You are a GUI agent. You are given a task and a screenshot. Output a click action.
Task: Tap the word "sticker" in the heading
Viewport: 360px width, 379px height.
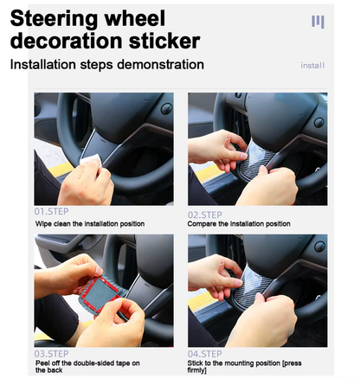point(164,41)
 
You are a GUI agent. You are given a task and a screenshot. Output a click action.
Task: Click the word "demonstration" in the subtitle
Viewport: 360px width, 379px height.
point(160,64)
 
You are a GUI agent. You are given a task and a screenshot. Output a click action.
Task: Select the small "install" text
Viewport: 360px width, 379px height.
point(312,66)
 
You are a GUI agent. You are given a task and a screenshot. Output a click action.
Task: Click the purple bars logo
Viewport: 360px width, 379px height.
point(318,22)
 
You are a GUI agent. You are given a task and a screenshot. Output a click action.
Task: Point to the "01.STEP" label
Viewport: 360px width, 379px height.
point(51,211)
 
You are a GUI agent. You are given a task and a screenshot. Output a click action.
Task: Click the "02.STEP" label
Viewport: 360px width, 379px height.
point(205,215)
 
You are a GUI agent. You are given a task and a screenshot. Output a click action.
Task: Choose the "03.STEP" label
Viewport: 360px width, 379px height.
point(51,354)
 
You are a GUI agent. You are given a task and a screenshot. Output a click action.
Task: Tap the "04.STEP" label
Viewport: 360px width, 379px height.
point(205,354)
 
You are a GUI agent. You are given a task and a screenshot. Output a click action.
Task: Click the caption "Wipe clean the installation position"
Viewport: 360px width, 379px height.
point(90,224)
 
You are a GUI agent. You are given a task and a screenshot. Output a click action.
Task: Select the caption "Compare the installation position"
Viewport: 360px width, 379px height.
point(239,224)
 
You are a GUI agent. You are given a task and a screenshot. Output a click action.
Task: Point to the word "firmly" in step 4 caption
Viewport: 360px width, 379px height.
point(196,370)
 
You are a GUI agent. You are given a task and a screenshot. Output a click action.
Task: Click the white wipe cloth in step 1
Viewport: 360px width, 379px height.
point(91,160)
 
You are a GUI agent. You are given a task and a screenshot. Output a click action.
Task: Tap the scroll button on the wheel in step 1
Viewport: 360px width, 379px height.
point(166,109)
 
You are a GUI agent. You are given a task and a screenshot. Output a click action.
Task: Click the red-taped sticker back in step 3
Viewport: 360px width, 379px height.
point(100,294)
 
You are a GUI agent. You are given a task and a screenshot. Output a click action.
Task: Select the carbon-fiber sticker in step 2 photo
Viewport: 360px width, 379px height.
point(257,158)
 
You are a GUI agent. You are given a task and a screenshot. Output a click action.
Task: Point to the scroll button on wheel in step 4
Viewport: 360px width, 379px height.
point(319,247)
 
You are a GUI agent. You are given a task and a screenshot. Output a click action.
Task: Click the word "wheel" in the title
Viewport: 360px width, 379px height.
point(135,19)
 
